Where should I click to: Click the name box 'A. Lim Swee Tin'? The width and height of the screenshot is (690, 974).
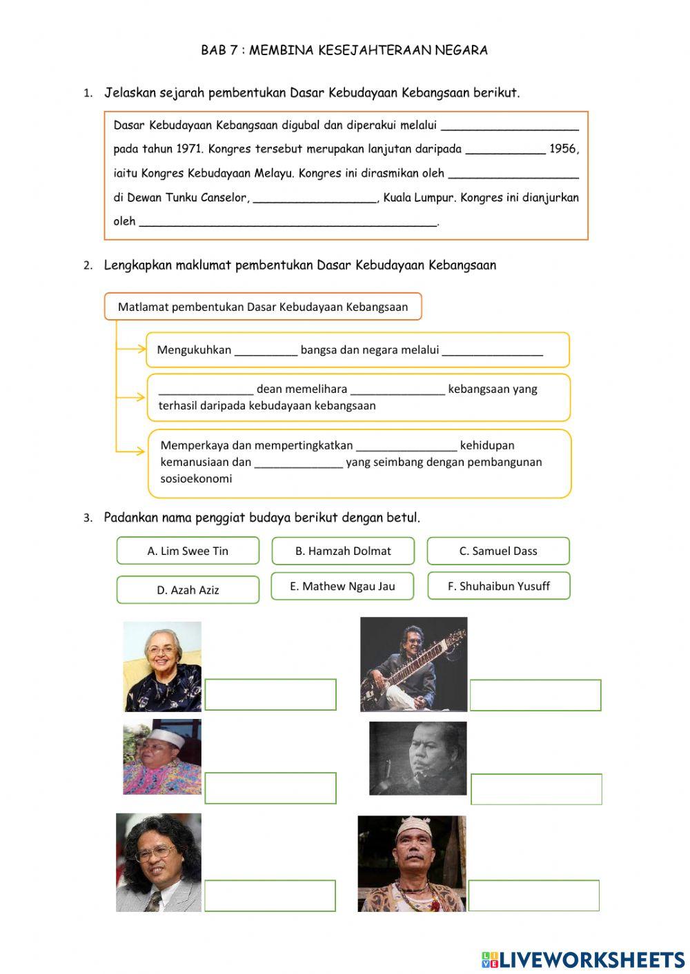pos(188,551)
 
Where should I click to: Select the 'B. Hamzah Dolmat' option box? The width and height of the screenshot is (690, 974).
pos(343,551)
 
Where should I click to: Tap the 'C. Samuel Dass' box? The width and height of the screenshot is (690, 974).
pos(498,551)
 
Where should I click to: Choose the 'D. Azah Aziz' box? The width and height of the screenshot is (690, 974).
pos(188,590)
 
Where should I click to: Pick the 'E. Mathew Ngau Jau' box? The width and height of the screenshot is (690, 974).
pos(342,586)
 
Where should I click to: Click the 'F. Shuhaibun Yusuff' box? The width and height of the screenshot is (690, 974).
pos(499,586)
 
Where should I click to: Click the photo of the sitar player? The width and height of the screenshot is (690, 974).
pos(413,664)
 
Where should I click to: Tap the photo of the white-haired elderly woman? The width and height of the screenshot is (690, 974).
pos(163,667)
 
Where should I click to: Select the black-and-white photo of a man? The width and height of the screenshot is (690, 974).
pos(417,758)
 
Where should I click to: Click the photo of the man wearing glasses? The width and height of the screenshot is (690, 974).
pos(159,862)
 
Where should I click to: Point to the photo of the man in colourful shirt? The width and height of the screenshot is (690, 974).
pos(162,757)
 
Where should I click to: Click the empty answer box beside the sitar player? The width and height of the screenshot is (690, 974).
pos(535,695)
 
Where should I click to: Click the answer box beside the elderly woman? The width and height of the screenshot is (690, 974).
pos(270,694)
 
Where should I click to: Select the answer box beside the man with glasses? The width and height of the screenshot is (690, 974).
pos(270,895)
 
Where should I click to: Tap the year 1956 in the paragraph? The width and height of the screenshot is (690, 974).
pos(564,149)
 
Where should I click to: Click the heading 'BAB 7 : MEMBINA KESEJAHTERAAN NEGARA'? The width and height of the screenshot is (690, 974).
pos(344,50)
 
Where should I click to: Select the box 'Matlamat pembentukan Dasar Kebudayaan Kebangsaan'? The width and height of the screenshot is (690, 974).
pos(263,307)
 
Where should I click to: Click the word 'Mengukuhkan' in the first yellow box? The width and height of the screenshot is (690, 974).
pos(194,349)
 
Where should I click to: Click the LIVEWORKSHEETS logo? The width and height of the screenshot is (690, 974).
pos(583,960)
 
